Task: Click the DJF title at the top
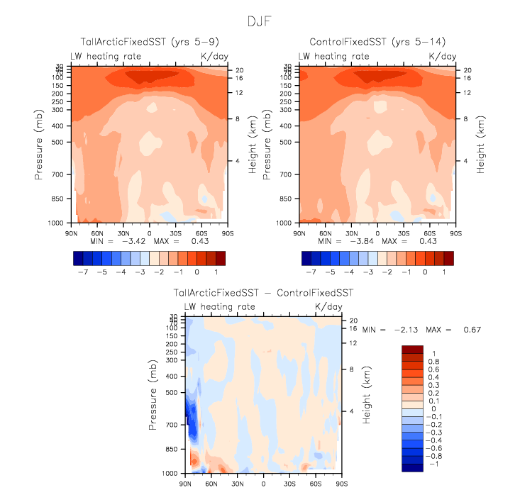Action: (260, 21)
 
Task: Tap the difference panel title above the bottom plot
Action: (263, 292)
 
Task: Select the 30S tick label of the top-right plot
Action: (404, 232)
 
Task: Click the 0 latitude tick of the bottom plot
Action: (263, 482)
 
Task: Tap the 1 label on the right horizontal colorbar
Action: (443, 272)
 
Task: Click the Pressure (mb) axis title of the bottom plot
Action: (153, 393)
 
